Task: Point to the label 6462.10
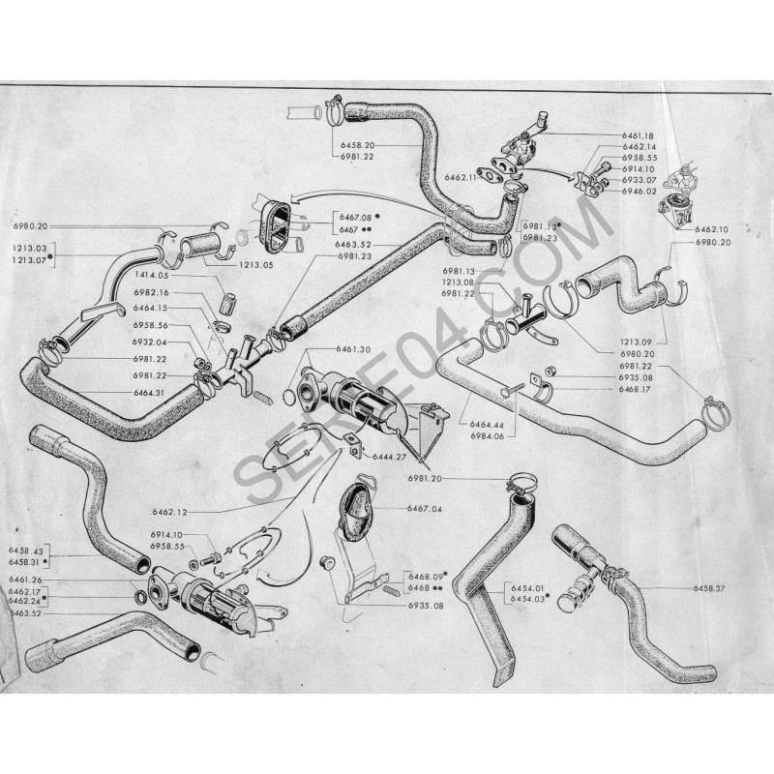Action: pyautogui.click(x=711, y=229)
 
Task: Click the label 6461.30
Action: pyautogui.click(x=360, y=348)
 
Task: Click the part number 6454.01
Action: pyautogui.click(x=523, y=587)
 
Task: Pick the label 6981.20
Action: pyautogui.click(x=451, y=479)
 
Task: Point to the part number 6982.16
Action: pyautogui.click(x=151, y=293)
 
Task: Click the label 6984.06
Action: pyautogui.click(x=491, y=435)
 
